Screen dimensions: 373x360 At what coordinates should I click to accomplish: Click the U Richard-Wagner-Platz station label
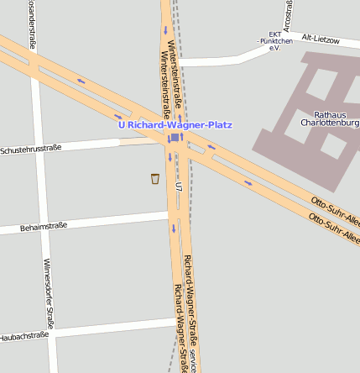[175, 125]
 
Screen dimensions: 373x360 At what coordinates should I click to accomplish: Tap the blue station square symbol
[173, 139]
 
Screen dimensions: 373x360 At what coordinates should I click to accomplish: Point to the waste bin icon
[154, 178]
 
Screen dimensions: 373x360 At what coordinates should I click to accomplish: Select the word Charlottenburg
[330, 123]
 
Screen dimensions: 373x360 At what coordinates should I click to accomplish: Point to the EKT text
[274, 34]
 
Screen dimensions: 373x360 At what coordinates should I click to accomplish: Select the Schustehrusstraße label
[31, 150]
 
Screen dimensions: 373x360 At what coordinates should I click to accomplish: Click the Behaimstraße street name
[44, 226]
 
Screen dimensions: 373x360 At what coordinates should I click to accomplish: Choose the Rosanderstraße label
[32, 25]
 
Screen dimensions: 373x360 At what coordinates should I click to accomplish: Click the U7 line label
[179, 185]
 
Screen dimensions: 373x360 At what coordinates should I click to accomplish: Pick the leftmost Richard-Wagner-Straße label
[180, 328]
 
